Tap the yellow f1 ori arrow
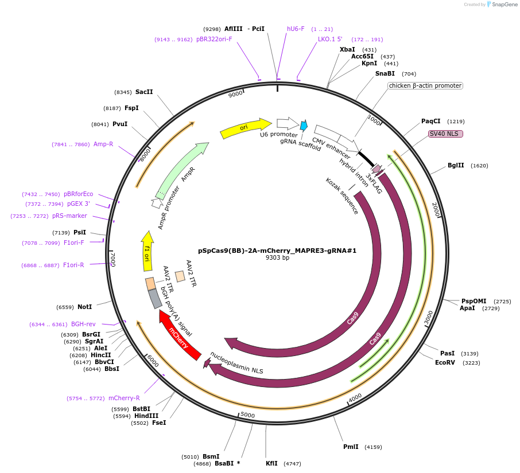pos(147,252)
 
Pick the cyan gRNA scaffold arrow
pos(304,125)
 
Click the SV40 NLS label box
pos(446,134)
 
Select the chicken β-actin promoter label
pos(425,85)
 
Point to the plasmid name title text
pos(277,251)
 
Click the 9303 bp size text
pos(277,258)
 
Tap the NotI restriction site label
pos(84,307)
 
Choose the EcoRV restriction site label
pos(445,362)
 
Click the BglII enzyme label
pos(456,165)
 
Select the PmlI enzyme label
pos(351,447)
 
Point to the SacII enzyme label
pos(144,92)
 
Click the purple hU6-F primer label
pos(296,29)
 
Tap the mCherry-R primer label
pos(124,398)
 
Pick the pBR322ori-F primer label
pos(214,39)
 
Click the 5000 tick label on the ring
pos(247,415)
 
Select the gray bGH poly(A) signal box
pos(155,298)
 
